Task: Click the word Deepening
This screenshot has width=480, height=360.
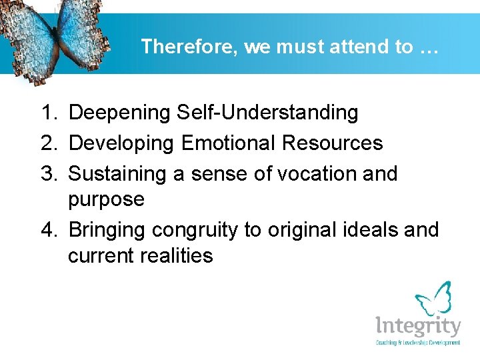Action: point(120,113)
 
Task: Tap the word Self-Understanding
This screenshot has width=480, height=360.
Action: point(268,113)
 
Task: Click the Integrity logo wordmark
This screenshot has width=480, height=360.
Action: point(417,327)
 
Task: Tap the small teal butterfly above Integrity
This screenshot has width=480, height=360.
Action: point(433,299)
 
